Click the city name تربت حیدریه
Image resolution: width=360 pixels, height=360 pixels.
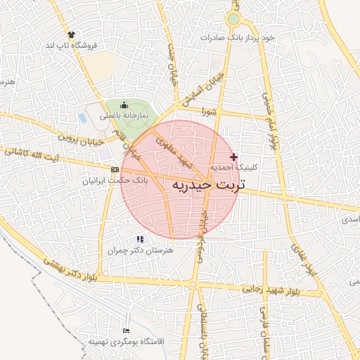tap(207, 184)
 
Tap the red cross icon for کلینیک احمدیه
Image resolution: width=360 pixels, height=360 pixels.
tap(234, 156)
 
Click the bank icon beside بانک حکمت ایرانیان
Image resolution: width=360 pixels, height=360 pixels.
tap(115, 169)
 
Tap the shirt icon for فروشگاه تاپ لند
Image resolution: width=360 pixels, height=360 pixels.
tap(71, 34)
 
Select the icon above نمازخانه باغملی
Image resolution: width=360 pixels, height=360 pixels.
tap(124, 104)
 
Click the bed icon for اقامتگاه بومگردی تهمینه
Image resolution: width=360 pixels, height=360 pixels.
tap(126, 330)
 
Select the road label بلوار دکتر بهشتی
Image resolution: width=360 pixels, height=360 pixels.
tap(70, 269)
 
